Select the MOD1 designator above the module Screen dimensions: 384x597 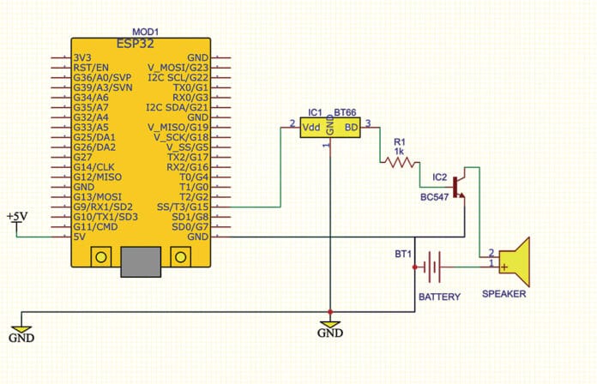[145, 31]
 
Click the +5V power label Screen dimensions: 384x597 [16, 216]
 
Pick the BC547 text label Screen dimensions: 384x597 [436, 197]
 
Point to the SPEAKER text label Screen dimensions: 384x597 [504, 294]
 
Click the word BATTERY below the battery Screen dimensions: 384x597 [438, 297]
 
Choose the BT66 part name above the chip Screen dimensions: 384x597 [345, 112]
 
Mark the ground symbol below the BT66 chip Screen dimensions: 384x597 [329, 327]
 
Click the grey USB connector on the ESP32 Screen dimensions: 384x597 [142, 258]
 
